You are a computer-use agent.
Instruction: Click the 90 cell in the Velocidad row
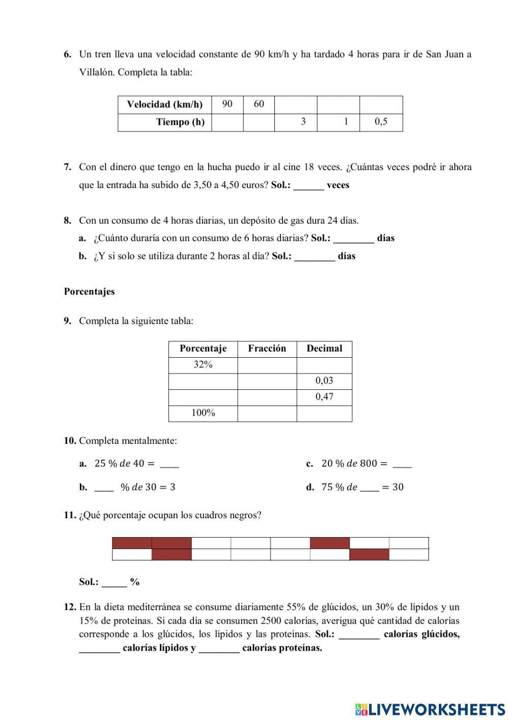[227, 104]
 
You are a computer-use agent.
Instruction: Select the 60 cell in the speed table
[259, 104]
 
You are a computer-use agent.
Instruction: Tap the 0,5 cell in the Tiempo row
[381, 122]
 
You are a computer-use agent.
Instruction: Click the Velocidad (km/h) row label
[164, 105]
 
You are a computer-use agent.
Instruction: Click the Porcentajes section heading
[90, 292]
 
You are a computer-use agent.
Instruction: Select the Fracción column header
[267, 349]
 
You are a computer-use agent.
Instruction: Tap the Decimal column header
[324, 349]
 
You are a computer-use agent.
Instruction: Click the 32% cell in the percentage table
[203, 365]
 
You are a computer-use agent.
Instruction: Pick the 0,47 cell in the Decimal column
[324, 397]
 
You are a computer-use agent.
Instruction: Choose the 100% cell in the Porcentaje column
[203, 413]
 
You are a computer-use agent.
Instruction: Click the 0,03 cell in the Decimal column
[324, 381]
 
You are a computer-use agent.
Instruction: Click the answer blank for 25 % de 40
[169, 464]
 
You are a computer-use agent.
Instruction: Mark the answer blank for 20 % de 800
[402, 464]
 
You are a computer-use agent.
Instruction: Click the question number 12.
[70, 607]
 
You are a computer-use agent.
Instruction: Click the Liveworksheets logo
[430, 709]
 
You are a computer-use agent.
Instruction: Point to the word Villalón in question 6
[97, 72]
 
